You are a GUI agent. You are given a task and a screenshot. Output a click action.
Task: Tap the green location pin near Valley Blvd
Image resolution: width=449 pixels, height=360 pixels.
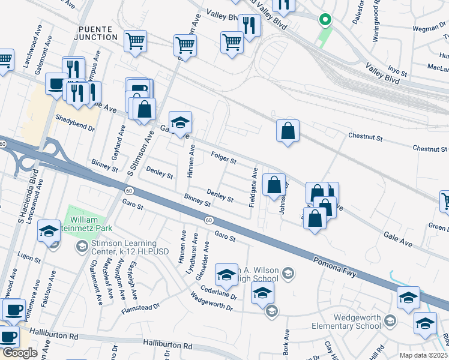click(x=325, y=20)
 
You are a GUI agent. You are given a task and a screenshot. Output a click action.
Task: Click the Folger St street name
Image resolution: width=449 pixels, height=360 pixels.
click(x=224, y=159)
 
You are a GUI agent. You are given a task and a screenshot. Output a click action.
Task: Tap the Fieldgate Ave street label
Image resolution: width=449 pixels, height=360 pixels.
click(x=254, y=187)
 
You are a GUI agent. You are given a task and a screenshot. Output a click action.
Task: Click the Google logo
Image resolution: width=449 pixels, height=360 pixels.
click(x=20, y=352)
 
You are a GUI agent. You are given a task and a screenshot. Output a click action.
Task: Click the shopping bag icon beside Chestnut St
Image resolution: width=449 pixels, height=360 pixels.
click(x=288, y=131)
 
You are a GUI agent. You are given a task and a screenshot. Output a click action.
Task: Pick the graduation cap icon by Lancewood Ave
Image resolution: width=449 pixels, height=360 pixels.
click(x=49, y=231)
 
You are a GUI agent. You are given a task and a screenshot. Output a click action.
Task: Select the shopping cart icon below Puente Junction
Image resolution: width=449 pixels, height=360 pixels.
click(x=136, y=41)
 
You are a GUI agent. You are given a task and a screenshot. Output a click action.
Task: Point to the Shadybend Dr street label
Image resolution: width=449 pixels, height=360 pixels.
click(x=75, y=123)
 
